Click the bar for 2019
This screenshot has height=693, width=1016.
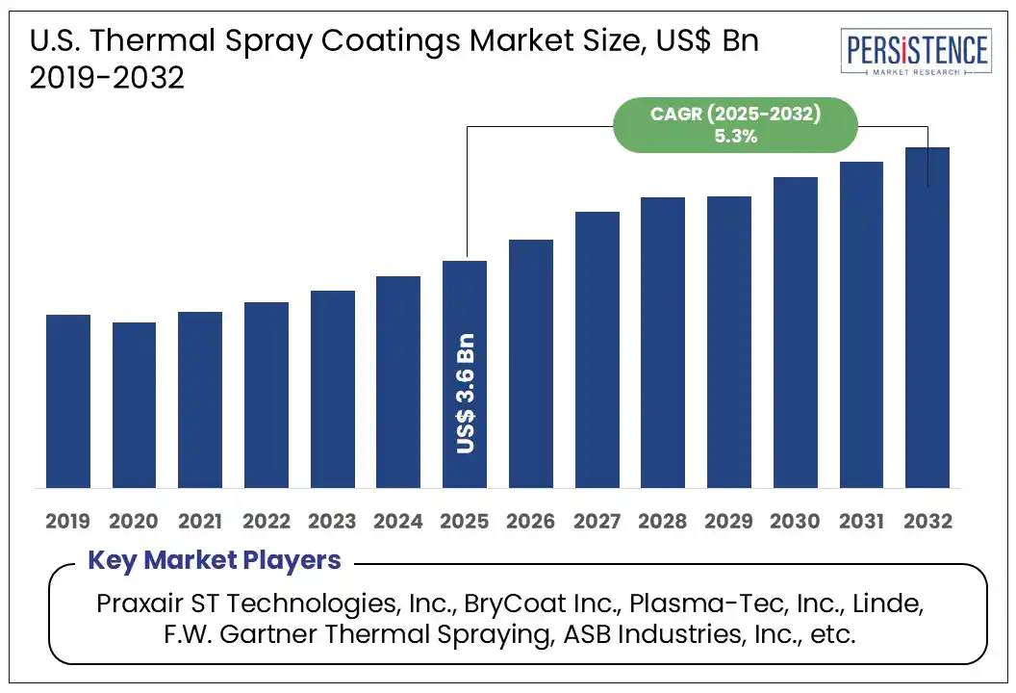click(x=67, y=400)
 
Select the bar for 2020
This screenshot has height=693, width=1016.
click(x=134, y=404)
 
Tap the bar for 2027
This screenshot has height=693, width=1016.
click(x=597, y=348)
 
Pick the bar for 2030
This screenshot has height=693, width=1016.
click(x=795, y=332)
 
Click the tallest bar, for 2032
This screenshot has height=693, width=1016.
click(x=927, y=318)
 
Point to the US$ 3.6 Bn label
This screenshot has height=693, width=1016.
click(x=465, y=395)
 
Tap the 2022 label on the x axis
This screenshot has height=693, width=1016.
click(x=267, y=522)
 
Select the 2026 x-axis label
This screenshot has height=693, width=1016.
click(x=531, y=522)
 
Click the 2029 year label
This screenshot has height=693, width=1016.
click(x=729, y=522)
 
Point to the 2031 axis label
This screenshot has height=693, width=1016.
click(x=861, y=522)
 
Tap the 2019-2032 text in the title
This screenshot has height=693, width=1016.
click(x=107, y=78)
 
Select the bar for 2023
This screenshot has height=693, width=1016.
click(x=332, y=389)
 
